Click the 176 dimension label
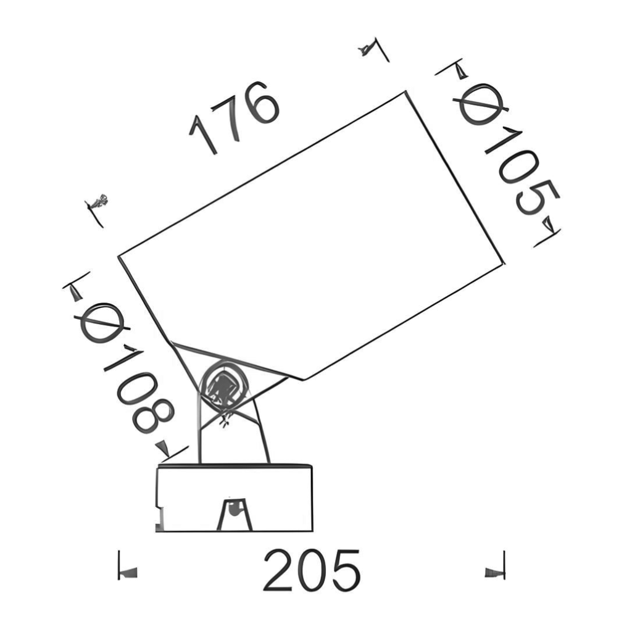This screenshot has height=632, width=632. (x=235, y=117)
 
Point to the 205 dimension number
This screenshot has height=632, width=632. (x=311, y=570)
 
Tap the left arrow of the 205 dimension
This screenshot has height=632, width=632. (x=127, y=573)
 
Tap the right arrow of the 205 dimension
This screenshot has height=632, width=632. (x=494, y=573)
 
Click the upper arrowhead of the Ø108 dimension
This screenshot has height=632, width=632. (x=76, y=293)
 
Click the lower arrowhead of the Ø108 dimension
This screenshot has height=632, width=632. (x=162, y=448)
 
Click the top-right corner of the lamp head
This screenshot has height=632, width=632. (x=405, y=93)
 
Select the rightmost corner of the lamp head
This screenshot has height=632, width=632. (x=504, y=264)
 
